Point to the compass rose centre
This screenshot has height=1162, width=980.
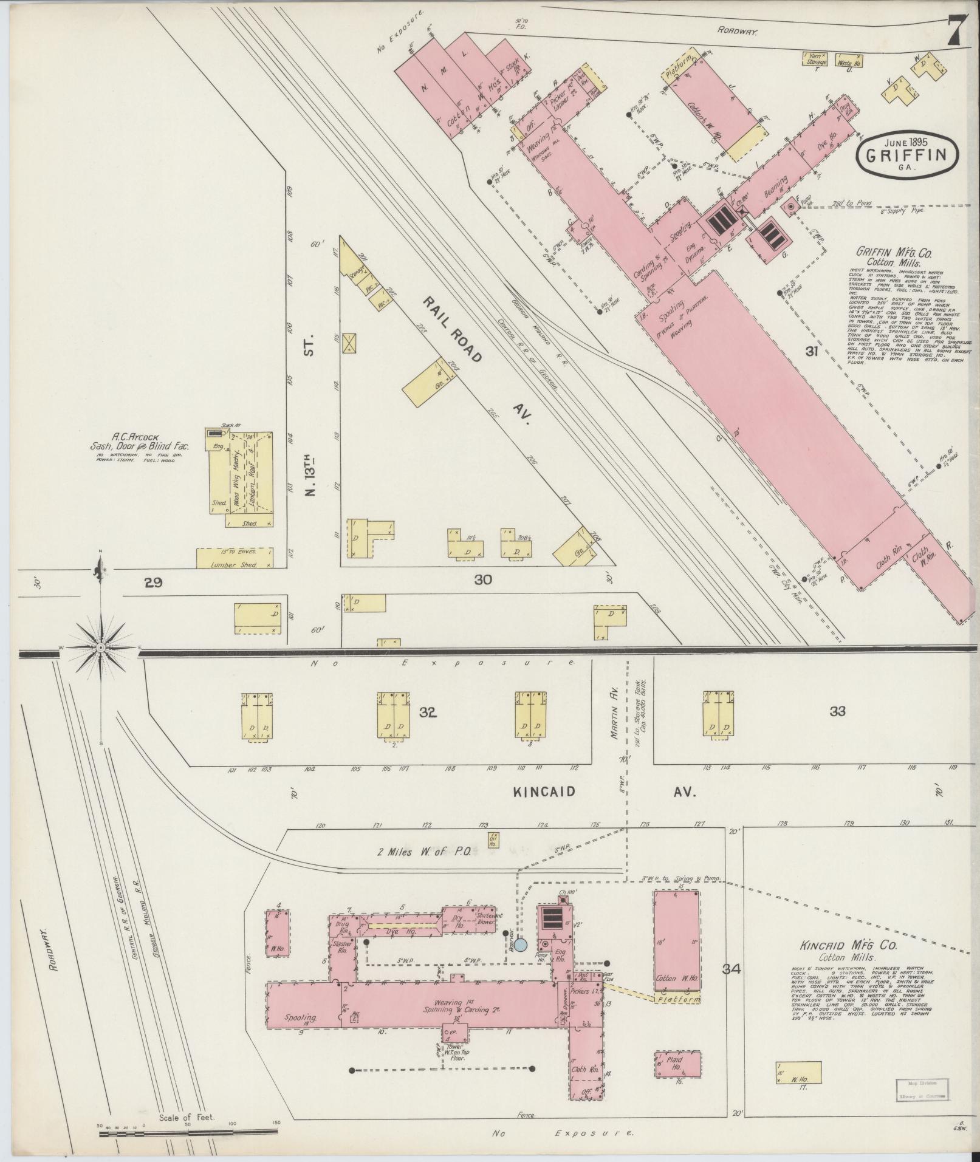(100, 649)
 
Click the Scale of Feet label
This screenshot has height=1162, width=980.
(183, 1117)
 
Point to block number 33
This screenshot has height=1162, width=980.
(837, 711)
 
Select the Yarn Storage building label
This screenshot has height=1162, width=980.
(816, 59)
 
